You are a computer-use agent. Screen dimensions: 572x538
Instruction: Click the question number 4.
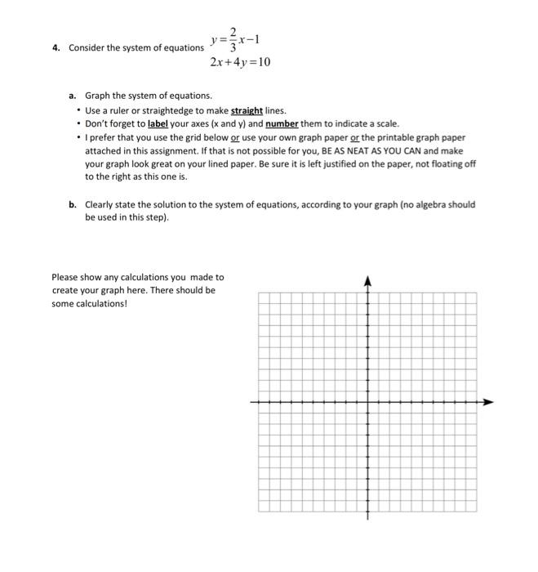pos(55,47)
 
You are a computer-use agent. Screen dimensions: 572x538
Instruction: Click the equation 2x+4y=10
pos(239,62)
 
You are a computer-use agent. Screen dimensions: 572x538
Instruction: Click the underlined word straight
pos(246,110)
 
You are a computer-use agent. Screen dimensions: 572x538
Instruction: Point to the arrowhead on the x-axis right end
pos(489,402)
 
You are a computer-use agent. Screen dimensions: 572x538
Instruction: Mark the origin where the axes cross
pos(367,402)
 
